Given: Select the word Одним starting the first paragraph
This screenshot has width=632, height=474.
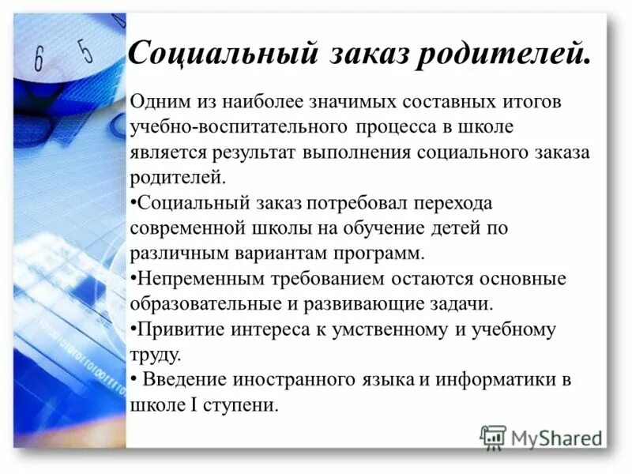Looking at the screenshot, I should pyautogui.click(x=159, y=103).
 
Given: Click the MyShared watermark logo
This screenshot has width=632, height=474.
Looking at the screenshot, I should pyautogui.click(x=540, y=436).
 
